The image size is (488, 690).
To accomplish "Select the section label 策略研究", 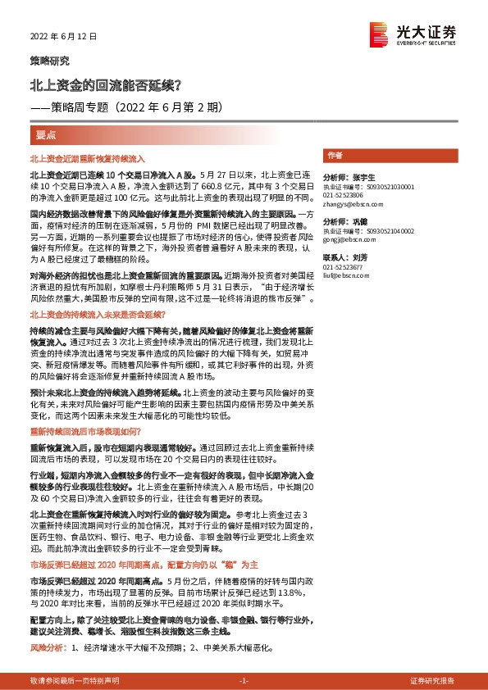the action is tap(50, 61).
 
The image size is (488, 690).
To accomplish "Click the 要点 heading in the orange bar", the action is tap(47, 134).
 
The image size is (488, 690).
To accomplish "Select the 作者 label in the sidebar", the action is tap(335, 154).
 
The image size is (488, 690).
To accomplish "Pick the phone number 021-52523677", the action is tap(344, 267).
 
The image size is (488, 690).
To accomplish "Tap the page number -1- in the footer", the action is tap(244, 681).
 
